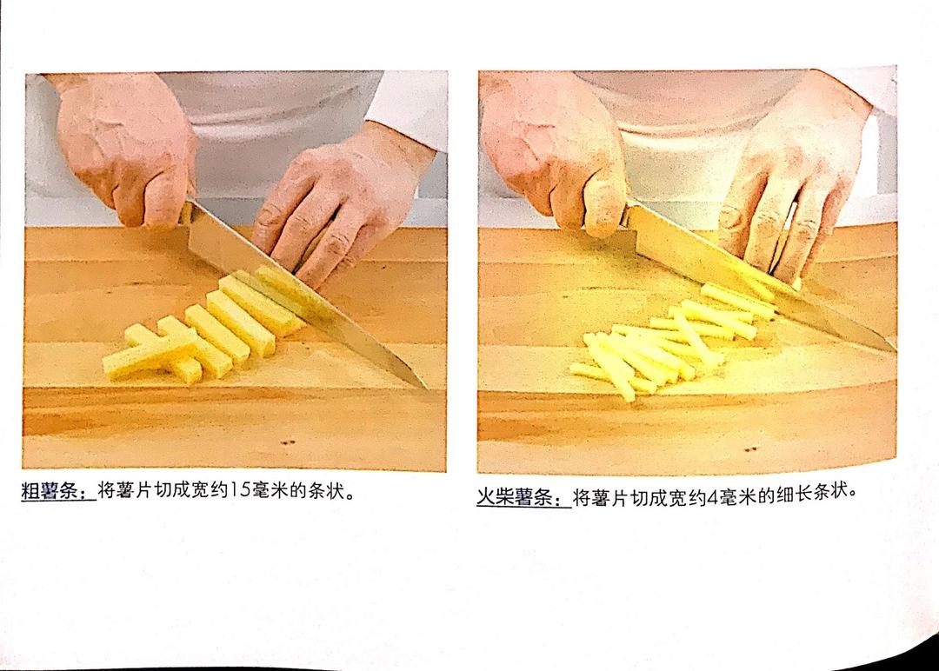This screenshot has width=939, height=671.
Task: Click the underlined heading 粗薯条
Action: tap(58, 491)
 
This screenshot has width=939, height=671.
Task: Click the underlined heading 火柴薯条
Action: tap(523, 497)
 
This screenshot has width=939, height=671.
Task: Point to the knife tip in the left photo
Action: tap(428, 389)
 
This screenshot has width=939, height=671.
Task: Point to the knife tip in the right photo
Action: tap(894, 349)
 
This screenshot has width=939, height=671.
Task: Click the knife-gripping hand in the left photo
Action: tap(127, 149)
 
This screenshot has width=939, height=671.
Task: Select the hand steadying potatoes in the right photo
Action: tap(790, 180)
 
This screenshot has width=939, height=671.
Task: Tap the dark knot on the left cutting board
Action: tap(288, 443)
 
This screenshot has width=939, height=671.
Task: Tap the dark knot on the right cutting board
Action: tap(751, 448)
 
